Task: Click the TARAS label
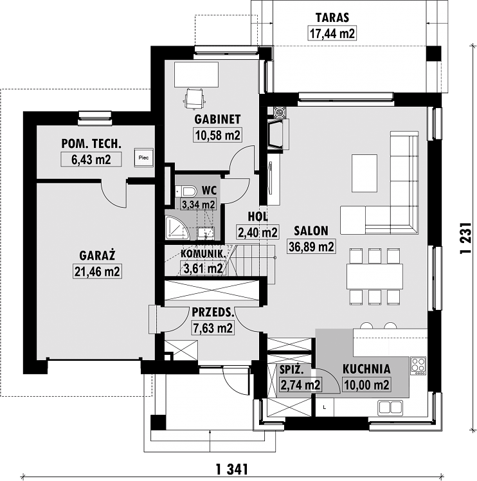point(332,17)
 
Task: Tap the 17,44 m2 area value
point(332,33)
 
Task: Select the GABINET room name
point(217,120)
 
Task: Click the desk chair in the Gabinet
point(195,99)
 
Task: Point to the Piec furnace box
point(143,158)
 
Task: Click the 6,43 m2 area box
point(91,159)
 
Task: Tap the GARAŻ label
point(97,255)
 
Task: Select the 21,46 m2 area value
point(97,271)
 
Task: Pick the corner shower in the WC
point(177,227)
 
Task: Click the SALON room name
point(311,231)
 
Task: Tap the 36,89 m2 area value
point(311,247)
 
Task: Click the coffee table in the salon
point(364,173)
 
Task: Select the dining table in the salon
point(375,276)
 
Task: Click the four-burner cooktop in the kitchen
point(419,366)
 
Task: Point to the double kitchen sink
point(390,408)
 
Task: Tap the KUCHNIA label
point(366,369)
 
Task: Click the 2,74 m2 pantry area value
point(300,385)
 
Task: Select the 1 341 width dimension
point(231,469)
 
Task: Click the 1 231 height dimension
point(465,238)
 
